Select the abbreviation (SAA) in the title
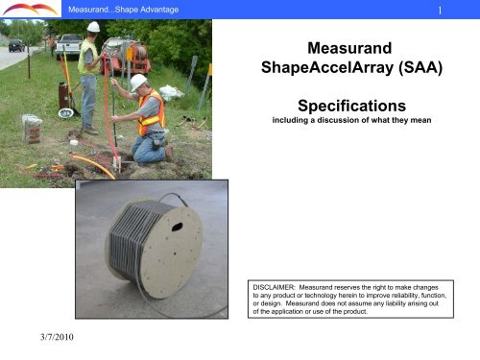(415, 69)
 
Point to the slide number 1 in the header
(440, 11)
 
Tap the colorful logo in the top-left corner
(30, 10)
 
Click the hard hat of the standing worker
(93, 27)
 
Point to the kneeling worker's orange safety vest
(151, 111)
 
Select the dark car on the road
(16, 45)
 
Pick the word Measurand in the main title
(344, 47)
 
